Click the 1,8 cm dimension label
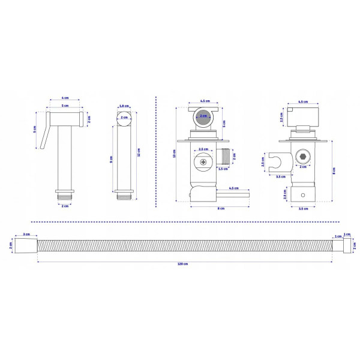pyautogui.click(x=123, y=106)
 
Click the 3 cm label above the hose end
pyautogui.click(x=26, y=234)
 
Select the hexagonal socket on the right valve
pyautogui.click(x=303, y=155)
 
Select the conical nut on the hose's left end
pyautogui.click(x=26, y=245)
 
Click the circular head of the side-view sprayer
pyautogui.click(x=124, y=118)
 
